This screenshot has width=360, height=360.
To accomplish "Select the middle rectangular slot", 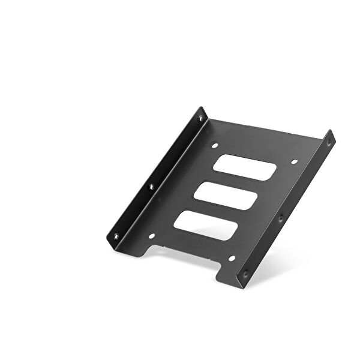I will tap(226, 195).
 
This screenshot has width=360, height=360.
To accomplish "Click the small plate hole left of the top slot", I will tap(214, 145).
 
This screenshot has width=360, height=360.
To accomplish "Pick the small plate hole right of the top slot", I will tap(294, 161).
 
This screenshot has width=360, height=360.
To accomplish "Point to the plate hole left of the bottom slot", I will tap(151, 236).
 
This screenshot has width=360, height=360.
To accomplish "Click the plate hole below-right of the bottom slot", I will tap(232, 259).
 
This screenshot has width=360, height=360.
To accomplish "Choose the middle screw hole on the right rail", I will tap(280, 219).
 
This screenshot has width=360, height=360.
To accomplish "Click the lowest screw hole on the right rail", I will tap(244, 273).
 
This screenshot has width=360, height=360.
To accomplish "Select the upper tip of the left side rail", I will tap(200, 109).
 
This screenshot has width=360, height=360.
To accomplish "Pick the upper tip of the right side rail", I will tap(331, 131).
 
